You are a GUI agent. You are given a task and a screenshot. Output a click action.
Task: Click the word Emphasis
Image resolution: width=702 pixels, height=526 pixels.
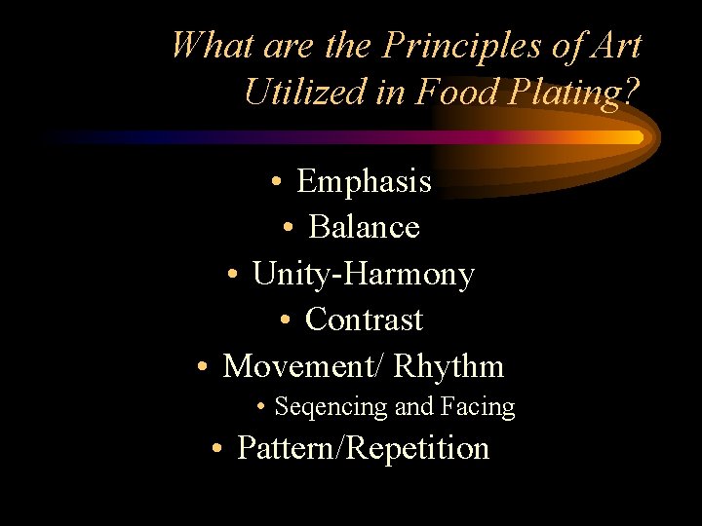pyautogui.click(x=364, y=181)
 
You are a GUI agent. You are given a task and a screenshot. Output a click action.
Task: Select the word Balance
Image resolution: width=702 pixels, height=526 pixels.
pyautogui.click(x=364, y=227)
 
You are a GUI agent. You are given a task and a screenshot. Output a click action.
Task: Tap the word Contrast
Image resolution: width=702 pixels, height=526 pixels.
pyautogui.click(x=364, y=319)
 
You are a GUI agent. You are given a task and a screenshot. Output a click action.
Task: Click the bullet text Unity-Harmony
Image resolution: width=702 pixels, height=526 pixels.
pyautogui.click(x=363, y=275)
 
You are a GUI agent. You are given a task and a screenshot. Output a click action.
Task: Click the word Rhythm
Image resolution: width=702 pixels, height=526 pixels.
pyautogui.click(x=448, y=366)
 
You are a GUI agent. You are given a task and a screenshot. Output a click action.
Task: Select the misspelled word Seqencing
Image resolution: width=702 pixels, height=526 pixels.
pyautogui.click(x=331, y=406)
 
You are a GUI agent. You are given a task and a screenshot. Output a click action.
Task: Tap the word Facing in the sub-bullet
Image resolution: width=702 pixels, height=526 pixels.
pyautogui.click(x=477, y=406)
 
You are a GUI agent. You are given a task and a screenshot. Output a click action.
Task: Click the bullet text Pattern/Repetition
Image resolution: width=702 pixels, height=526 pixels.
pyautogui.click(x=363, y=448)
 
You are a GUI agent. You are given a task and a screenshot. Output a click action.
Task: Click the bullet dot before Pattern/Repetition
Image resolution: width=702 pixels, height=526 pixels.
pyautogui.click(x=219, y=450)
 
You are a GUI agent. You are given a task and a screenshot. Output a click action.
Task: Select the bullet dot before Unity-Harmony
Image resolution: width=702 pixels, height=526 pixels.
pyautogui.click(x=234, y=277)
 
